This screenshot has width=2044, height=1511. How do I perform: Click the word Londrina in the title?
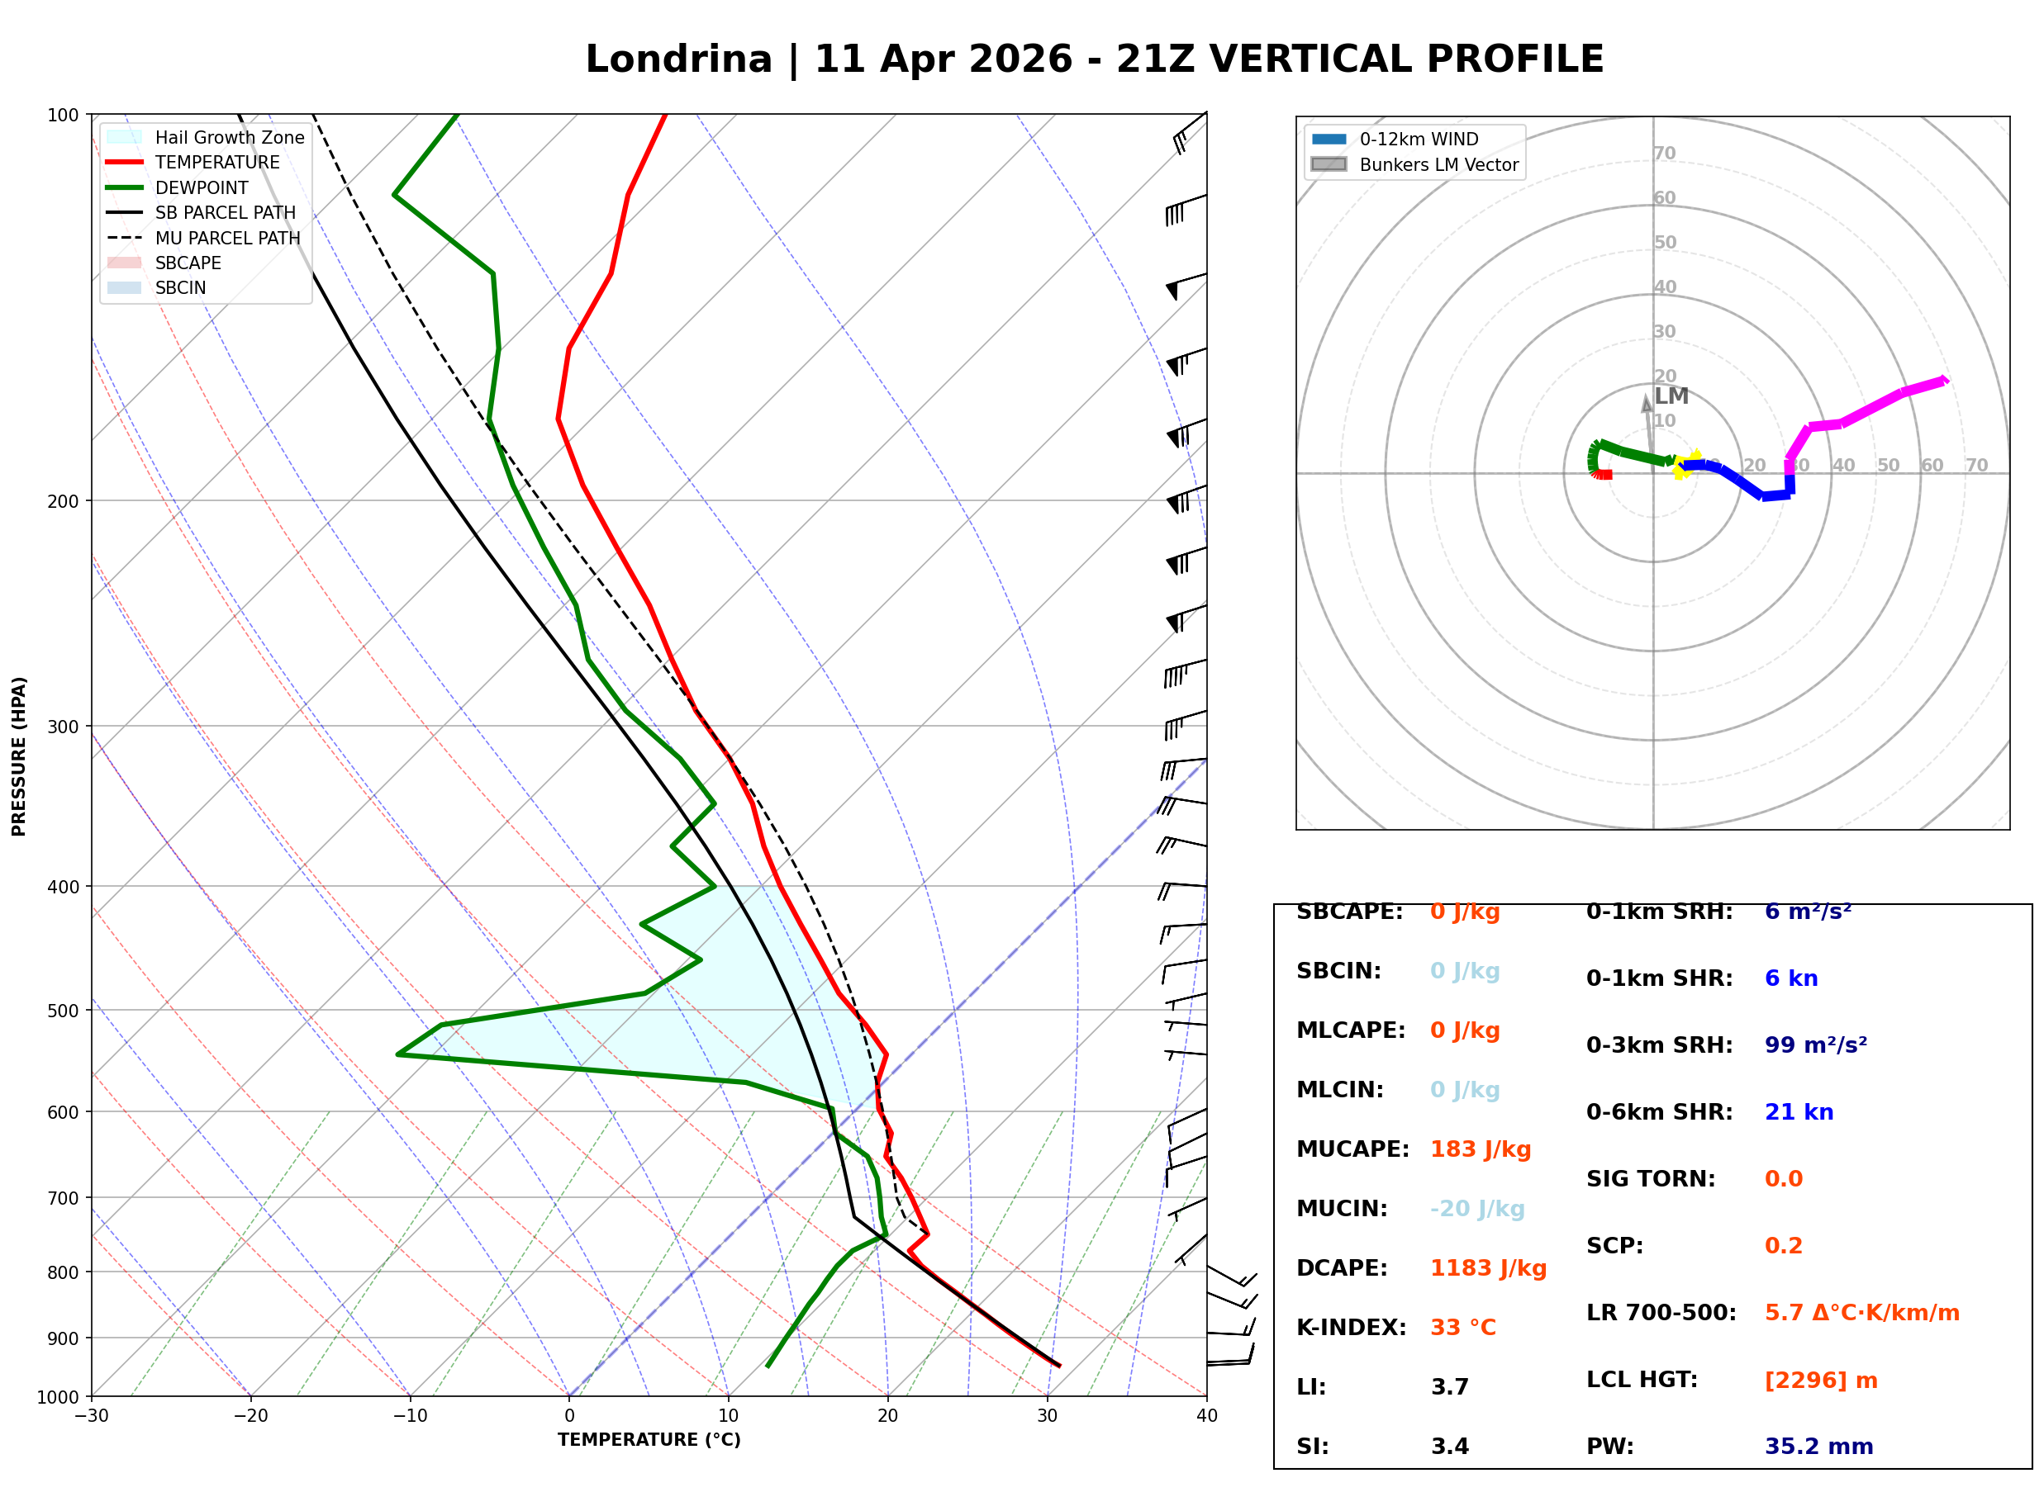point(678,59)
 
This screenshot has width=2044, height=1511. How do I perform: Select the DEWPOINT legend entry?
point(202,187)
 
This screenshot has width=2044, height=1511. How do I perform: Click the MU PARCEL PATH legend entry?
point(227,238)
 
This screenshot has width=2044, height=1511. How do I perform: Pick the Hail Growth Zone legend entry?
point(229,137)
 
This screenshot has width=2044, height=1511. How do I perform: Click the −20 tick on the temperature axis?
point(250,1416)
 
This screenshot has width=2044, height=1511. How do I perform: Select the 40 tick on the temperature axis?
point(1206,1416)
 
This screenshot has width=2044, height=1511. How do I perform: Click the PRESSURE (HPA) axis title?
point(19,756)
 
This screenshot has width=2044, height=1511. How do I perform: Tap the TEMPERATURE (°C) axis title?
point(649,1440)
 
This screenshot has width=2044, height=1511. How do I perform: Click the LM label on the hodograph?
point(1671,396)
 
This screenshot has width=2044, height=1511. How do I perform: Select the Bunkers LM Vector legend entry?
point(1438,164)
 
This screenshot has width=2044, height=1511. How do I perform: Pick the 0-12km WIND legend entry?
point(1419,139)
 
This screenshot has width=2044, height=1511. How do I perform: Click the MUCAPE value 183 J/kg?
point(1481,1149)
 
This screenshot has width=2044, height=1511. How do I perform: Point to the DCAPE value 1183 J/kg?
point(1488,1268)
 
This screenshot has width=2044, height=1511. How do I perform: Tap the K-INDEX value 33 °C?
point(1463,1328)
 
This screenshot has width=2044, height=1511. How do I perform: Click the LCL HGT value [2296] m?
point(1821,1381)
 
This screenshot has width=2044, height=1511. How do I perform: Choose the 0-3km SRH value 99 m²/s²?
point(1815,1045)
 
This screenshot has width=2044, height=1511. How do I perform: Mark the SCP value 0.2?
point(1783,1246)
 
